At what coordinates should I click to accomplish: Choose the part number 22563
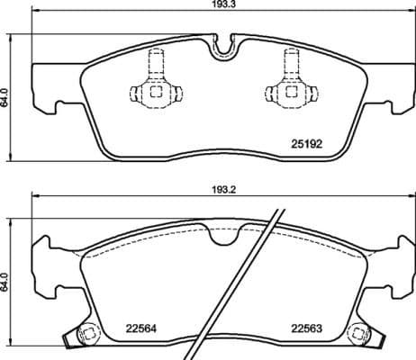(306, 328)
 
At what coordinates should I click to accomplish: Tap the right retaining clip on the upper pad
(291, 85)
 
